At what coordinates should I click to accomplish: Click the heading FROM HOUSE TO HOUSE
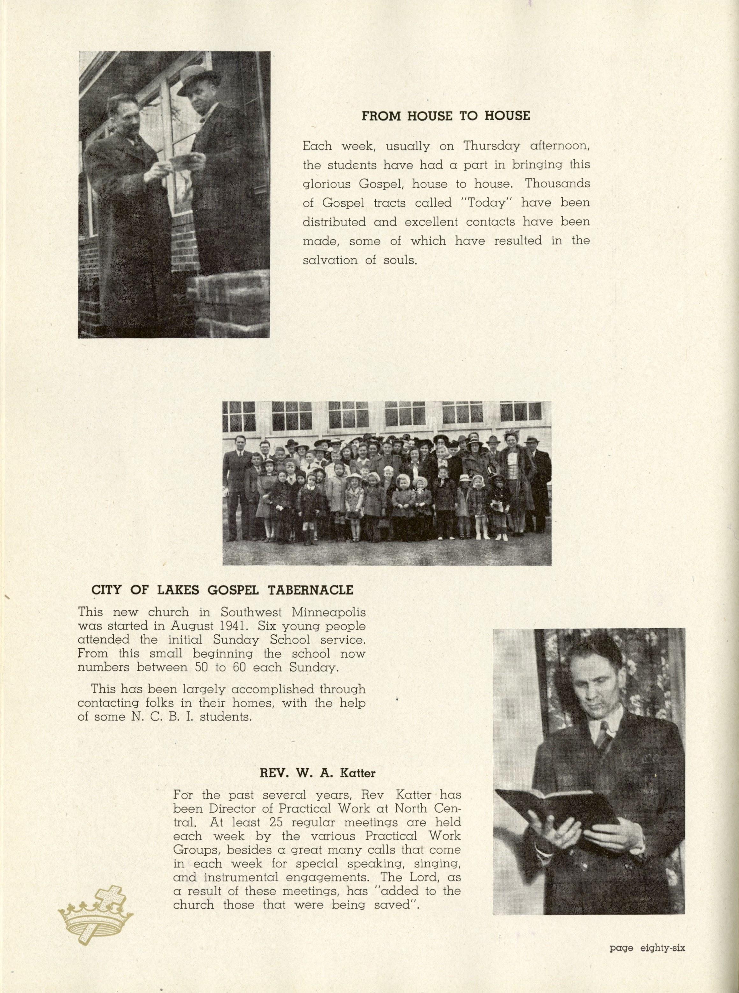pos(445,116)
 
